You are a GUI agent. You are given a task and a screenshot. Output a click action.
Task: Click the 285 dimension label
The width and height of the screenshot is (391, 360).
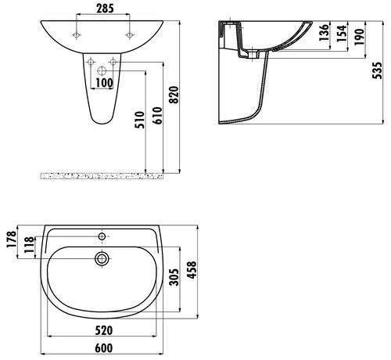[x=106, y=9]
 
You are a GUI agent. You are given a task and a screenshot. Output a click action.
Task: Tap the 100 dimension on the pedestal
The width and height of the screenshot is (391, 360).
[x=104, y=83]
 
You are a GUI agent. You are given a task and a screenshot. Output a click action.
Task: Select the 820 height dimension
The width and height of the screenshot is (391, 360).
[x=174, y=95]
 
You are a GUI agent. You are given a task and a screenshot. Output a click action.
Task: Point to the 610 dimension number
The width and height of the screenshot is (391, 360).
[x=157, y=116]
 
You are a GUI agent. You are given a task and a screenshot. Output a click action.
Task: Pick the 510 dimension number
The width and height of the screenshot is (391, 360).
[x=139, y=120]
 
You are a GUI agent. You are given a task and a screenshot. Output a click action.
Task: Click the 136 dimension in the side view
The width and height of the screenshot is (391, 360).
[x=324, y=33]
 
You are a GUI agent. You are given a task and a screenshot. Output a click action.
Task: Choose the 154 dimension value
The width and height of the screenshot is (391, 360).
[x=342, y=33]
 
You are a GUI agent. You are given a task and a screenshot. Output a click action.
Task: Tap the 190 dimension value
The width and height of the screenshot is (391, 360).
[x=359, y=37]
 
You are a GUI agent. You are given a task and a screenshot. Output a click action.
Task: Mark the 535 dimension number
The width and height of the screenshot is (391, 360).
[x=377, y=70]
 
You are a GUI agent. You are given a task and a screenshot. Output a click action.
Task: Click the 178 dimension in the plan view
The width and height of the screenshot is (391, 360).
[x=12, y=239]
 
